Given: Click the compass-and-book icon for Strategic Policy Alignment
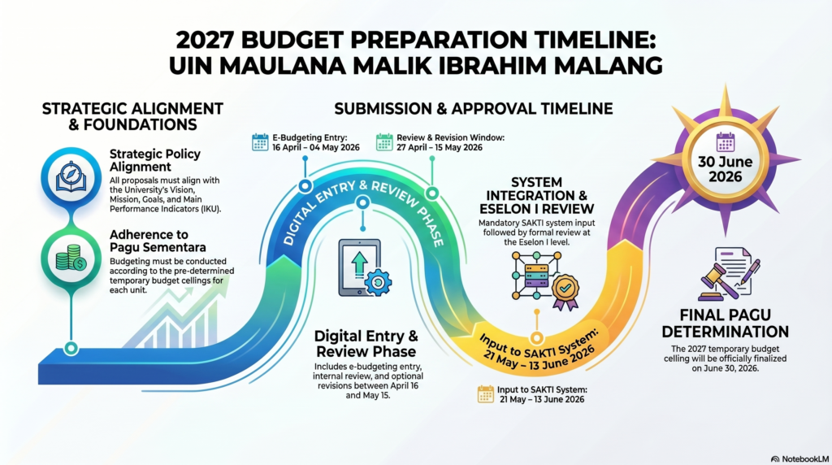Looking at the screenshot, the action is (71, 177).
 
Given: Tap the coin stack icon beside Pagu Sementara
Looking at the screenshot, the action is (71, 258).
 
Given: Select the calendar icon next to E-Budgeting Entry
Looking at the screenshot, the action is (260, 142).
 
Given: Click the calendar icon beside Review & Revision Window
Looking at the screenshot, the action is (384, 142).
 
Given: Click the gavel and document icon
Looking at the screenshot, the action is (729, 274).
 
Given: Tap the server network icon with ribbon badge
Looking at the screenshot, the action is (545, 280).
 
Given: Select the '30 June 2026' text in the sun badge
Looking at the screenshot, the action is (725, 169).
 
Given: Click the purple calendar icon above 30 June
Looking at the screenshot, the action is (725, 141).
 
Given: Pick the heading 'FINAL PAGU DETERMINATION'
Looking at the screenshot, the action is (725, 324).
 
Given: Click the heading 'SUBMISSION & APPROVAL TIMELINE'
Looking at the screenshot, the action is (474, 109).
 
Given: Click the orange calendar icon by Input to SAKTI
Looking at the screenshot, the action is (486, 394).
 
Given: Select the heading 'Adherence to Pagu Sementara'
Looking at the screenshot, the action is (158, 241).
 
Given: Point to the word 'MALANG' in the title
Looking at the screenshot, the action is (604, 66).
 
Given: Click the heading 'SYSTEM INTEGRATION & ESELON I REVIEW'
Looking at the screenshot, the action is (536, 196).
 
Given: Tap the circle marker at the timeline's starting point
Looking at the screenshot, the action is (71, 348).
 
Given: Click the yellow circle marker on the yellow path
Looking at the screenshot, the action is (536, 338).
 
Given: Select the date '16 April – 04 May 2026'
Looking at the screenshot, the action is (316, 148).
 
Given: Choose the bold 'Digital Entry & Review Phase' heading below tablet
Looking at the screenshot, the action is (366, 343).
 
